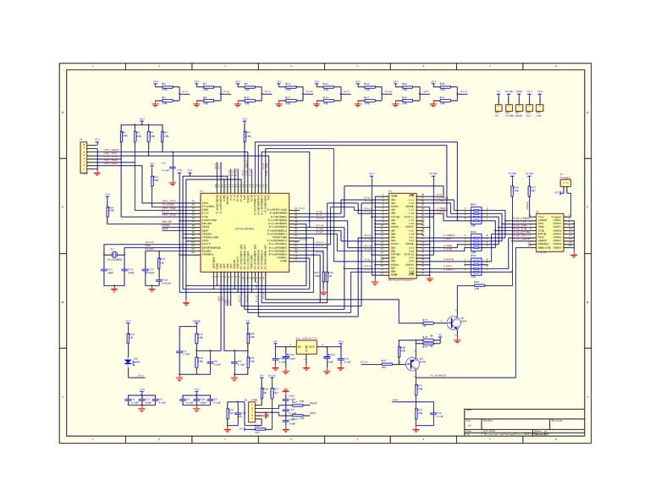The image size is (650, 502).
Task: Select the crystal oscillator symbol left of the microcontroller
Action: [112, 257]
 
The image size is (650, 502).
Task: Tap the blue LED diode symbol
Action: [129, 361]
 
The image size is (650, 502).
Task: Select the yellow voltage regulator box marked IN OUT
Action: [305, 346]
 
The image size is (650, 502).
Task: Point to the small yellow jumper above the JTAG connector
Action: [565, 181]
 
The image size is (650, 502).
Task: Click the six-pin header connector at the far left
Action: [81, 158]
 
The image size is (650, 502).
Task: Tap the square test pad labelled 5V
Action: [498, 108]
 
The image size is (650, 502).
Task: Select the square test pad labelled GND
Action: [519, 108]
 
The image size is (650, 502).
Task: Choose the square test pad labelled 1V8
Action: [539, 108]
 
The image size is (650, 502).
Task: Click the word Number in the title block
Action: [488, 420]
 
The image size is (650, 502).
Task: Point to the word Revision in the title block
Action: [560, 420]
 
